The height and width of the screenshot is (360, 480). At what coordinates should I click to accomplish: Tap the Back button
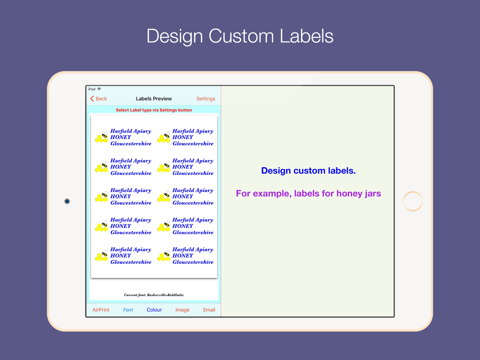coord(98,99)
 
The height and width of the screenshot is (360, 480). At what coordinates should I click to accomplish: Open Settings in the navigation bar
coord(206,99)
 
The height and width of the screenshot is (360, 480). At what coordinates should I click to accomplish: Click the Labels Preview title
coord(153,99)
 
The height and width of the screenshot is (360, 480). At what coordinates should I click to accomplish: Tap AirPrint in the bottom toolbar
coord(101,310)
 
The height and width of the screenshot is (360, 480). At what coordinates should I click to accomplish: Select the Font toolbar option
coord(128,310)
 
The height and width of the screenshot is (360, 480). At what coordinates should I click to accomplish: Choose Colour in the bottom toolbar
coord(154,310)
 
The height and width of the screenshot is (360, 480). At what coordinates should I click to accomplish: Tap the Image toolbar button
coord(183,310)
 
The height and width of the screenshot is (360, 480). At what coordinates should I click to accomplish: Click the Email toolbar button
coord(209,310)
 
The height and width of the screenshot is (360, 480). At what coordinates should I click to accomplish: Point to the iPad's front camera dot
coord(67,201)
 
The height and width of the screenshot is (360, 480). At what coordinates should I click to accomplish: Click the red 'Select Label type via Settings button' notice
coord(153,110)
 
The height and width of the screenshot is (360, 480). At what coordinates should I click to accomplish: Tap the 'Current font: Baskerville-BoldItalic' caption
coord(154,295)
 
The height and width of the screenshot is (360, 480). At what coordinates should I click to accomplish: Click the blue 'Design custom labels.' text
coord(308,170)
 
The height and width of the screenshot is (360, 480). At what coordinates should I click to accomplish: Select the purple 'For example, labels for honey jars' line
coord(308,193)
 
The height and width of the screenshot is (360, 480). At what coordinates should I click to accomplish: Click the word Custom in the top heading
coord(241,36)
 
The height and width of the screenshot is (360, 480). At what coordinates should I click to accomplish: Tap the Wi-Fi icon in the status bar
coord(99,89)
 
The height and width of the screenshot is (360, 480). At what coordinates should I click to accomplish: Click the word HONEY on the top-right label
coord(183,137)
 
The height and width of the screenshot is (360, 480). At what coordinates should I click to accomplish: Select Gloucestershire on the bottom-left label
coord(131,262)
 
